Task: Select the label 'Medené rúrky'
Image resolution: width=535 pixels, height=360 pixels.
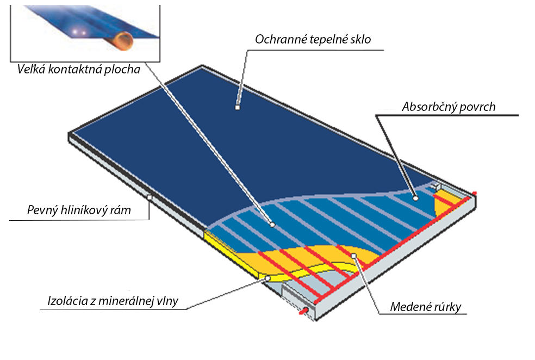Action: click(426, 307)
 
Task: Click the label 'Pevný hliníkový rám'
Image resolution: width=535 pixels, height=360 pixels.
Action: click(79, 210)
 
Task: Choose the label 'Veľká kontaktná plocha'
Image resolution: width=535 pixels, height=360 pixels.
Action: click(78, 69)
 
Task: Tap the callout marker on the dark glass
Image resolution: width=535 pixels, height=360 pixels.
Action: click(237, 108)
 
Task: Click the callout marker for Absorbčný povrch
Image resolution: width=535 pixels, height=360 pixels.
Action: click(415, 198)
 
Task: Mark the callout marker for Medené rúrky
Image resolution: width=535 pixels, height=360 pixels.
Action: click(353, 255)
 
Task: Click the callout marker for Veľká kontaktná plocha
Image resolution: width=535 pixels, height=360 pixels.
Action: click(272, 224)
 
